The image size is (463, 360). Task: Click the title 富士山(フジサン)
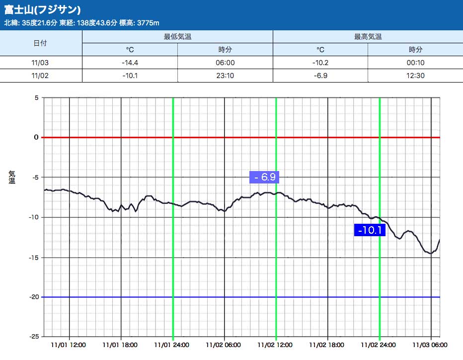coord(43,10)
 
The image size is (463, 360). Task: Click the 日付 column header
coord(40,43)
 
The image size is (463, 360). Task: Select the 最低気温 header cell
coord(177,37)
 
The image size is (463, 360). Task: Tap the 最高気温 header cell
coord(368,37)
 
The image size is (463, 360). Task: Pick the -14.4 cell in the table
coord(129,63)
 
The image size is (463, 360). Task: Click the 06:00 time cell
coord(226,63)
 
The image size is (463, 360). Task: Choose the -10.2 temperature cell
coord(320,63)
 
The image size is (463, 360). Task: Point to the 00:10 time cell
coord(415,63)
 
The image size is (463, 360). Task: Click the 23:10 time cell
coord(226,76)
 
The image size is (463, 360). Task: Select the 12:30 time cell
coord(415,76)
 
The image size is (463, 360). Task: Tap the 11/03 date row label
coord(40,63)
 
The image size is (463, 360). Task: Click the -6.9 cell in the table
coord(320,76)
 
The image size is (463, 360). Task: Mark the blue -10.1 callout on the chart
coord(370,230)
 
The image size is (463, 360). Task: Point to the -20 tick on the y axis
coord(34,297)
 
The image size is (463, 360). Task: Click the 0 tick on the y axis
coord(36,137)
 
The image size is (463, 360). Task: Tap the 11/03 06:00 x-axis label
coord(430,344)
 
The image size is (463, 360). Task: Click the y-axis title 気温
coord(12,177)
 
